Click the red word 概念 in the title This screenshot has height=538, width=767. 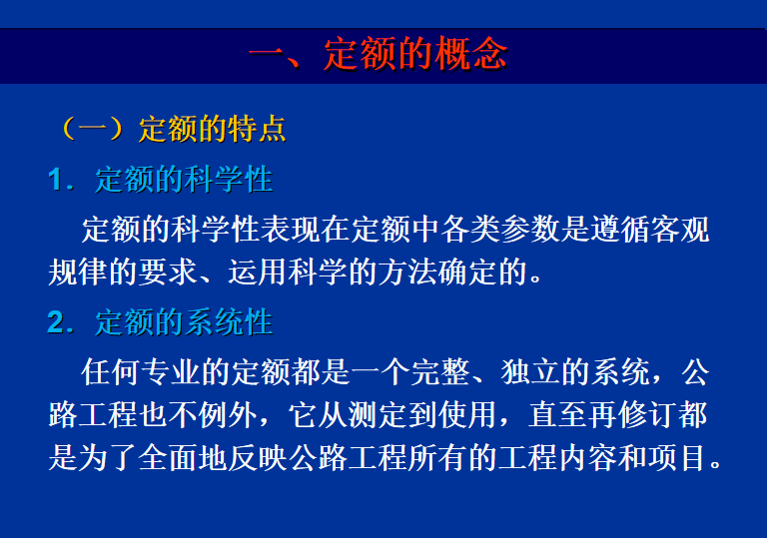pyautogui.click(x=471, y=53)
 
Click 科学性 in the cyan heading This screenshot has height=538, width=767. pyautogui.click(x=229, y=179)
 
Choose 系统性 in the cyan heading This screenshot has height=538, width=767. pyautogui.click(x=229, y=322)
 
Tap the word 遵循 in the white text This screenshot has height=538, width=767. pyautogui.click(x=620, y=229)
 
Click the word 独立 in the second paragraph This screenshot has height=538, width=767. pyautogui.click(x=530, y=372)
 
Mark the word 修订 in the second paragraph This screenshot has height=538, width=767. pyautogui.click(x=648, y=415)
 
